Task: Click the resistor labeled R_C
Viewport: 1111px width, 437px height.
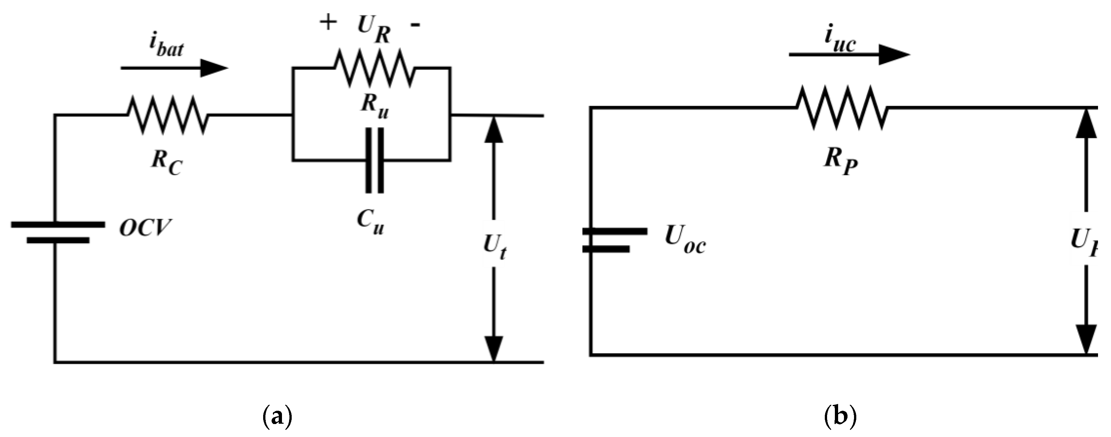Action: point(167,115)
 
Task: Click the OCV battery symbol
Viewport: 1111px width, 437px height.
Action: point(58,232)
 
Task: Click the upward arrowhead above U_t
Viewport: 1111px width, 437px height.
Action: point(494,129)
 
